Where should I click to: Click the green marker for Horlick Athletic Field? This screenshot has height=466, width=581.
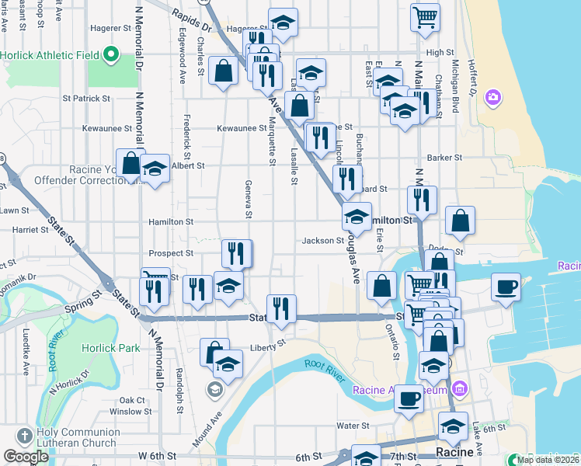110,54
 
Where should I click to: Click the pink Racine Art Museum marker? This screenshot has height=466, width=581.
459,388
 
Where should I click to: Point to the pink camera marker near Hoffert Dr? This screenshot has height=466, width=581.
492,97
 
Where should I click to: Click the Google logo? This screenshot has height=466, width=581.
26,456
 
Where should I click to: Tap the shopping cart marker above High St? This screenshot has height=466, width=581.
425,16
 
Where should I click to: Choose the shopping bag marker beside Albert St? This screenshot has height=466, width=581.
130,163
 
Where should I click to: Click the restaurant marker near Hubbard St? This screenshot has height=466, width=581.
347,179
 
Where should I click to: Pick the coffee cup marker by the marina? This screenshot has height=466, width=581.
505,287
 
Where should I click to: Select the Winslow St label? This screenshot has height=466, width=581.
125,412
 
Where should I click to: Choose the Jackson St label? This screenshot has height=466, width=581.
323,241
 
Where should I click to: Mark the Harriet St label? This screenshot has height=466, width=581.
30,230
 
